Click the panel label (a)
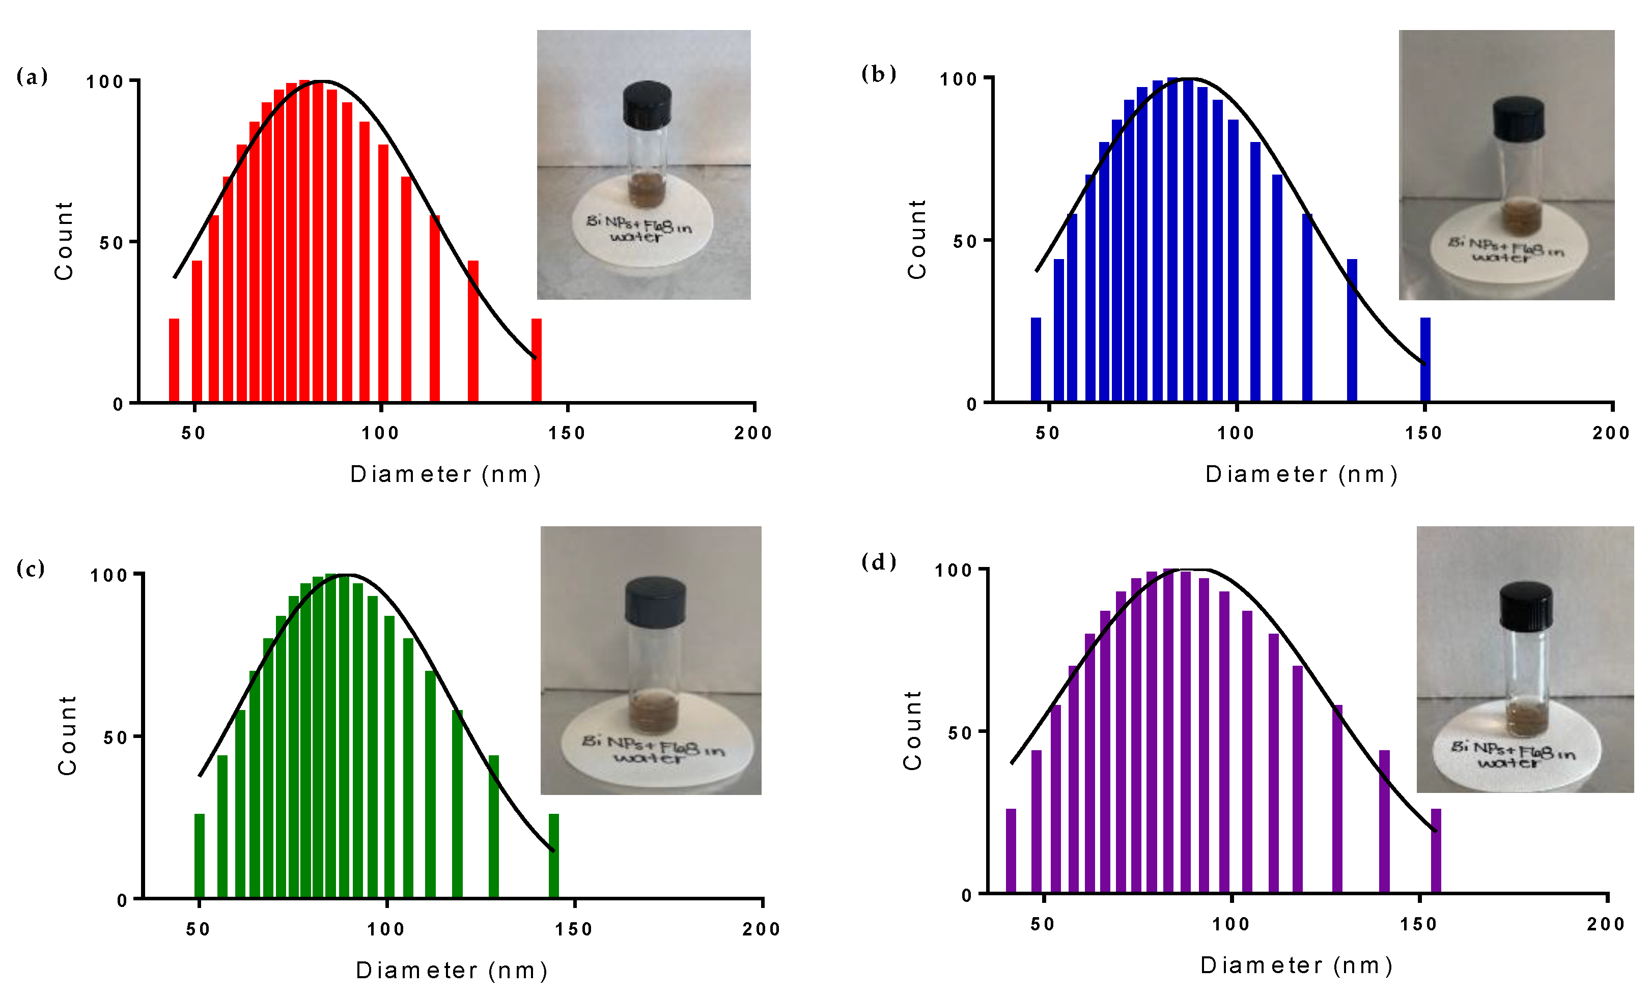32,76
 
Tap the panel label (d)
878,561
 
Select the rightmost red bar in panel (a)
536,360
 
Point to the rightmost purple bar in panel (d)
1436,850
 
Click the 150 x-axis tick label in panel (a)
567,433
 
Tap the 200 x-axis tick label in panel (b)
1611,433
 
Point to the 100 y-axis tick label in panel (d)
953,570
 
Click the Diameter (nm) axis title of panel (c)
452,970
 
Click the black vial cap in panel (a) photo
647,105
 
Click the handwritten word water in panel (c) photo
648,758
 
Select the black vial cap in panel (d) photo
1526,605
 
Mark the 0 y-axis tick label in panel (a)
118,404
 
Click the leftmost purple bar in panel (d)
1011,850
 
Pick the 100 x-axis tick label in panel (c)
386,929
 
